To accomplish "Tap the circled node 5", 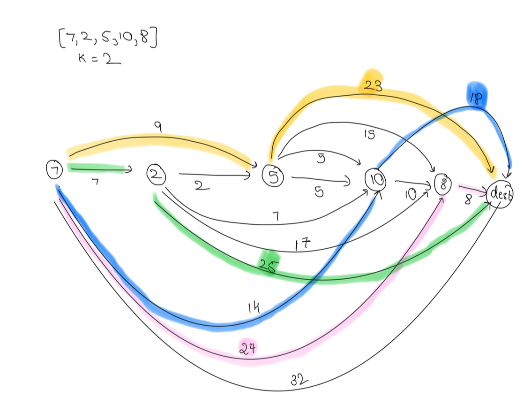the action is tap(273, 176).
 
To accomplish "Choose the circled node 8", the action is tap(442, 184).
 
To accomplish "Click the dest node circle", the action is tap(500, 194).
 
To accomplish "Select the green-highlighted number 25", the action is tap(269, 266).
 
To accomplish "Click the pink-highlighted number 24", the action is tap(248, 349).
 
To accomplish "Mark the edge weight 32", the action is tap(299, 380).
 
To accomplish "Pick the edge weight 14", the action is tap(254, 308).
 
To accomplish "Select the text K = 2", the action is tap(100, 59).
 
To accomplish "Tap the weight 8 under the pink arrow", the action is tap(467, 199).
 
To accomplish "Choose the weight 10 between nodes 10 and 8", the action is tap(411, 193).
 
